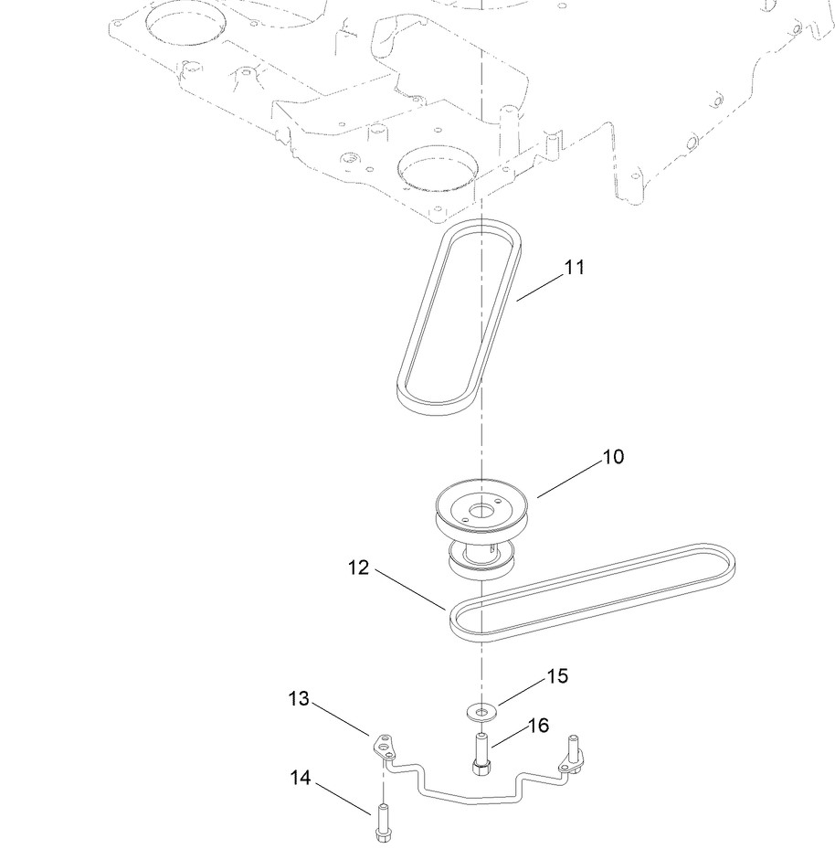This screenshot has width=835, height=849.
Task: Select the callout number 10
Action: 614,456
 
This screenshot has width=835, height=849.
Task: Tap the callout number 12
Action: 358,568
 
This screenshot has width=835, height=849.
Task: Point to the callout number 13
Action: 300,699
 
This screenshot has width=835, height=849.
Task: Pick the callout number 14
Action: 300,778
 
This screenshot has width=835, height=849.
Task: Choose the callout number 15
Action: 557,676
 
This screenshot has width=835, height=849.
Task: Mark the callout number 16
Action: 538,725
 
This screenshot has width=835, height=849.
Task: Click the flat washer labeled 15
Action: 482,708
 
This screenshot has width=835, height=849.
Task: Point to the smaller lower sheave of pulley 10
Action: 481,560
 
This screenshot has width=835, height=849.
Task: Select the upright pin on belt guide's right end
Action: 576,748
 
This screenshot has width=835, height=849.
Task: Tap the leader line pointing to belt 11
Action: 541,286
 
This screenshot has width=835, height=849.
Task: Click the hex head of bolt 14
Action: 381,833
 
